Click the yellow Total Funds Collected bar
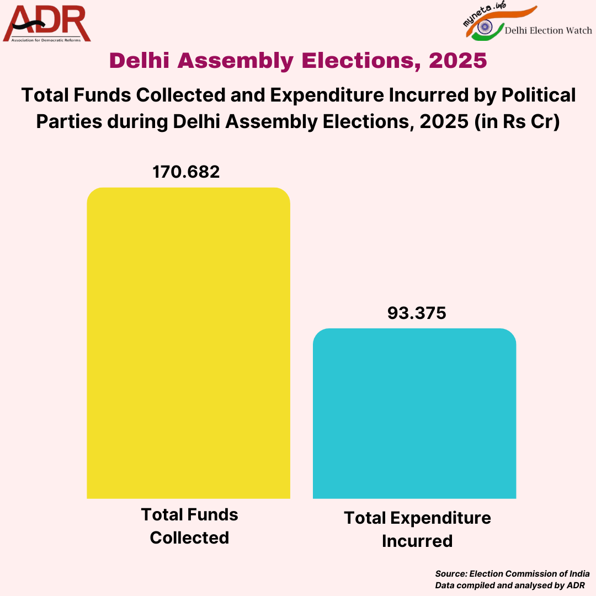(188, 342)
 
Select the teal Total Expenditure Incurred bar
(414, 414)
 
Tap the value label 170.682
(186, 172)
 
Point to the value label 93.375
(416, 313)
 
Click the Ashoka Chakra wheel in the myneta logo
(486, 26)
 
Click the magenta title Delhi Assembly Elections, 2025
(298, 61)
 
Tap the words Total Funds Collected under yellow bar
(189, 526)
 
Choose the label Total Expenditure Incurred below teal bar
(417, 529)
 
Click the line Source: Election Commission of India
(512, 574)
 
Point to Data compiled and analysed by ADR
(509, 585)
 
